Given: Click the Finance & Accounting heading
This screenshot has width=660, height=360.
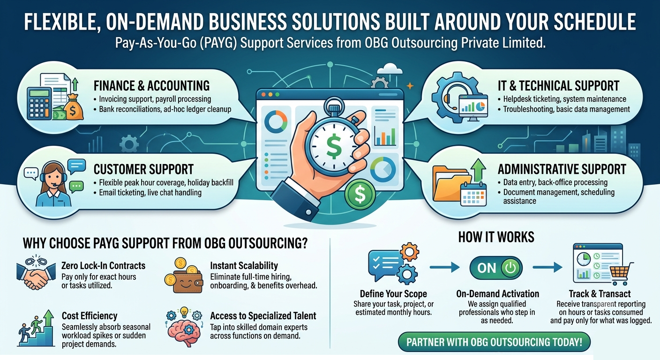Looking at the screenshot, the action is (151, 86).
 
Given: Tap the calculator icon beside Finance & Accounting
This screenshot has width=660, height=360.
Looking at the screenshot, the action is (39, 104).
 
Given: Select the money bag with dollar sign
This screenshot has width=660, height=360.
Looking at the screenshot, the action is (74, 107).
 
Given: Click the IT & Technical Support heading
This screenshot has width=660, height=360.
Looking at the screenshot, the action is (558, 86).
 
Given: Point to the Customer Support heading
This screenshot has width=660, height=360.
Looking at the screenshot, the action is (143, 169).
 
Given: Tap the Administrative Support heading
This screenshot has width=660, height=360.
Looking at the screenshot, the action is (562, 169).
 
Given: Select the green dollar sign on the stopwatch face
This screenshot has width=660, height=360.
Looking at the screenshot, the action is (334, 145).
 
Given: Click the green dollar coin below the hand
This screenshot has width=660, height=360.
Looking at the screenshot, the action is (360, 195).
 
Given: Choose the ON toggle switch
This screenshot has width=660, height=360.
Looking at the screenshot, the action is (496, 268).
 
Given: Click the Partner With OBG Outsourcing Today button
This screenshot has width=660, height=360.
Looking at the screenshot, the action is (494, 342).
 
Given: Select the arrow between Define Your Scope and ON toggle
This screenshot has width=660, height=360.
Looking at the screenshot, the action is (445, 268).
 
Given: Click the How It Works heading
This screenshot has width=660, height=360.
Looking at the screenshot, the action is (496, 237).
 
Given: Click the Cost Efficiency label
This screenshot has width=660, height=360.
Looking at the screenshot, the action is (90, 316).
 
